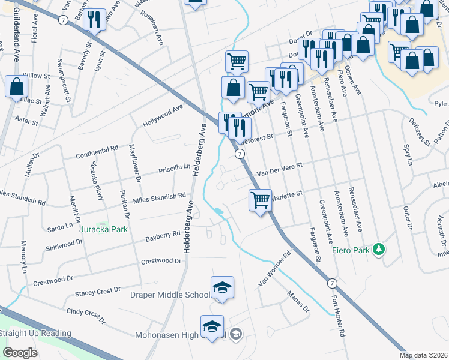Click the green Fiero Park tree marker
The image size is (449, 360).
(x=378, y=248)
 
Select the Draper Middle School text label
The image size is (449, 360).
(x=170, y=295)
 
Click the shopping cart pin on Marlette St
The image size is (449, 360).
(x=260, y=200)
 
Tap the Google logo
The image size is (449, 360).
(x=20, y=353)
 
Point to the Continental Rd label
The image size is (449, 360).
(x=97, y=152)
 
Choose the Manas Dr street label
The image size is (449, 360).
(x=298, y=302)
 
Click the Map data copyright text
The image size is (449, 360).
(x=424, y=355)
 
